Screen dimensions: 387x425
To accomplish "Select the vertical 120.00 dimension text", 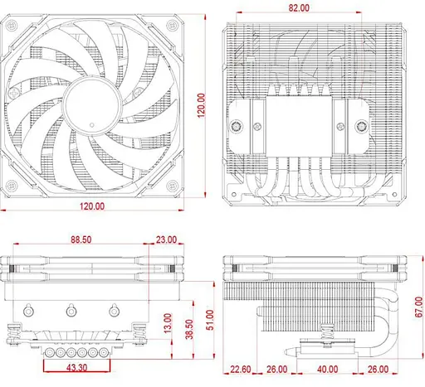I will (202, 104).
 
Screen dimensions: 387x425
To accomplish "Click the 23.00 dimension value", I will (165, 239).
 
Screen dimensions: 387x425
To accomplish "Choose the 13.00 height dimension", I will (168, 323).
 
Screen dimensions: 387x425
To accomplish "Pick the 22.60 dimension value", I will (242, 369).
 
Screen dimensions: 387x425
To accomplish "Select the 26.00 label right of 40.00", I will (377, 369).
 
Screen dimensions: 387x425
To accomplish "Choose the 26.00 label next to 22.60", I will (276, 369).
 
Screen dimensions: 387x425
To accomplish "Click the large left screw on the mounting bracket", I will (239, 128).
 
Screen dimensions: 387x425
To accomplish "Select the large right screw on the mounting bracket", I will (363, 128).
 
